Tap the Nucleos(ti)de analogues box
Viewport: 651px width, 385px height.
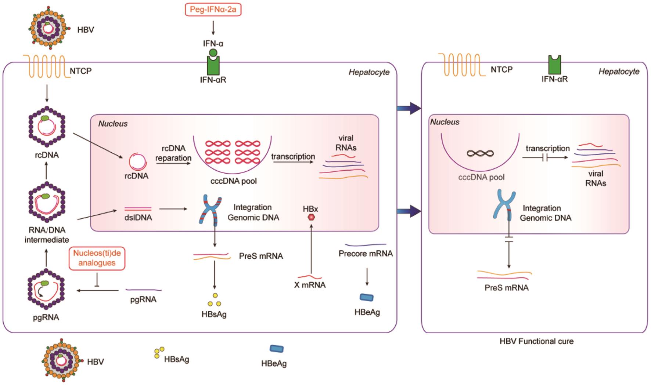pyautogui.click(x=97, y=258)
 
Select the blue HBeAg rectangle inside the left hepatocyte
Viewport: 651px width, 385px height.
pyautogui.click(x=366, y=297)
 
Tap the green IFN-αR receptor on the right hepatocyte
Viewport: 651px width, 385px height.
pyautogui.click(x=554, y=65)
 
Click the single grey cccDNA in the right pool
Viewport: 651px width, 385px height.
pyautogui.click(x=480, y=153)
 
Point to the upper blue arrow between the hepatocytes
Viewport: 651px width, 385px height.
pyautogui.click(x=409, y=108)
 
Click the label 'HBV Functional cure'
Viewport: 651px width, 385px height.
pyautogui.click(x=536, y=341)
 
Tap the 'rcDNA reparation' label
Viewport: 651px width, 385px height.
pyautogui.click(x=173, y=153)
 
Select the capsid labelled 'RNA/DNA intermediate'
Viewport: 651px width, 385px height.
pyautogui.click(x=47, y=204)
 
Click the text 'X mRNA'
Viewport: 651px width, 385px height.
pyautogui.click(x=310, y=285)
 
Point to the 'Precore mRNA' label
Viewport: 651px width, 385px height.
pyautogui.click(x=366, y=253)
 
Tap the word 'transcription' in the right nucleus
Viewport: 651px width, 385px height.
pyautogui.click(x=547, y=148)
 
